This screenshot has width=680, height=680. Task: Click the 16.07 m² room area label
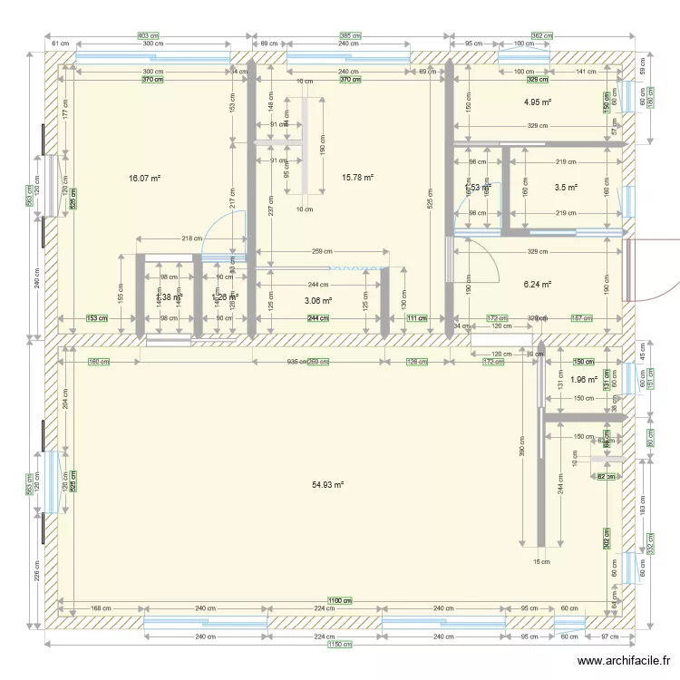pos(144,180)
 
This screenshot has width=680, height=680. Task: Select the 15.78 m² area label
pos(356,178)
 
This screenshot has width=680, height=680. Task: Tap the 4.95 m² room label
pos(538,103)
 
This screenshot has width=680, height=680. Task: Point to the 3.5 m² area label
pos(566,188)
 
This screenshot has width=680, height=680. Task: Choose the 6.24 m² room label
pos(538,284)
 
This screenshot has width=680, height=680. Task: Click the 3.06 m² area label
pos(317,301)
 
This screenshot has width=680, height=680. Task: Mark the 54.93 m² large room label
pos(327,485)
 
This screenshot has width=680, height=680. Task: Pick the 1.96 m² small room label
pos(583,380)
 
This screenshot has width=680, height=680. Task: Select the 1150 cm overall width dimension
pos(339,644)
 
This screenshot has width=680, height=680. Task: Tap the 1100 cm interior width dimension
pos(339,601)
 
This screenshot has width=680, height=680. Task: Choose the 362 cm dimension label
pos(542,35)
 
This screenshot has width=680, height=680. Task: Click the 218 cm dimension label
pos(191,238)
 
